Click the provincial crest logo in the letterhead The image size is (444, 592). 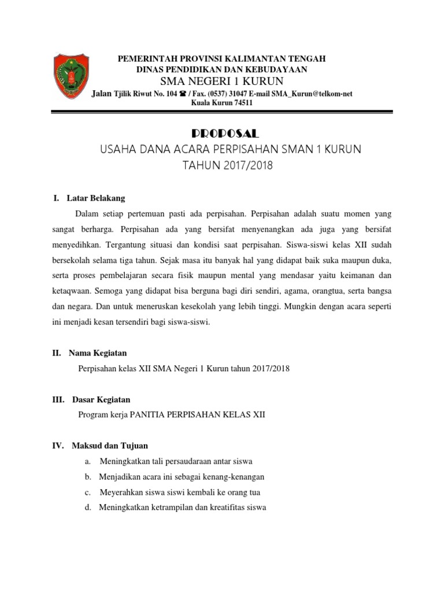pyautogui.click(x=72, y=76)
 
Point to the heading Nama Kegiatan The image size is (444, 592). pyautogui.click(x=98, y=353)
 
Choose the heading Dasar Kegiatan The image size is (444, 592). pyautogui.click(x=101, y=399)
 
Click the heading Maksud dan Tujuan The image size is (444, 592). pyautogui.click(x=110, y=446)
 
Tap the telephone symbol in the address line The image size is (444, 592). pyautogui.click(x=183, y=94)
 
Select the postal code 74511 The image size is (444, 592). pyautogui.click(x=241, y=103)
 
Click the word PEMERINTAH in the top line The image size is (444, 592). pyautogui.click(x=145, y=59)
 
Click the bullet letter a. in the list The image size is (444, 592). pyautogui.click(x=87, y=461)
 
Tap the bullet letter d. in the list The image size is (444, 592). pyautogui.click(x=87, y=508)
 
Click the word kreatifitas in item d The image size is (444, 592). pyautogui.click(x=221, y=508)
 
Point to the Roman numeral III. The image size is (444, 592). pyautogui.click(x=58, y=399)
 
